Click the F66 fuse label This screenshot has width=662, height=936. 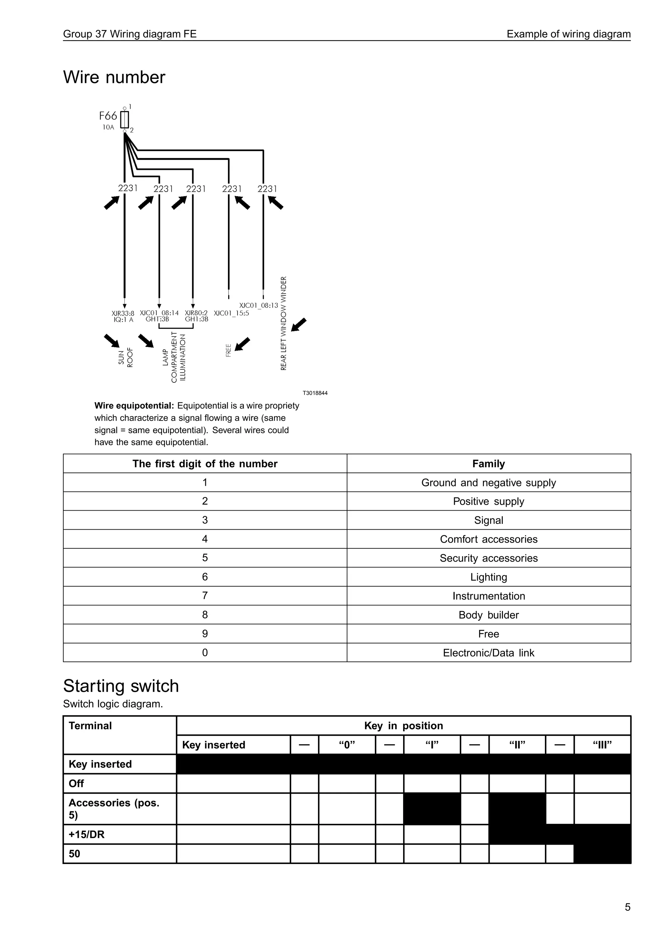coord(108,116)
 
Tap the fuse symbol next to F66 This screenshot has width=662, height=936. coord(125,120)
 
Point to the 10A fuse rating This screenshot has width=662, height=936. coord(108,128)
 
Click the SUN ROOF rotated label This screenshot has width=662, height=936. coord(125,357)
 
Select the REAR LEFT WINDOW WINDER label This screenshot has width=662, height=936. coord(283,323)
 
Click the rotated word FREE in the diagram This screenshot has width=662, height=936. coord(229,350)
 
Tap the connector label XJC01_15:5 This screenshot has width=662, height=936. coord(231,313)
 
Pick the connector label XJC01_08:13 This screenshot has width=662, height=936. coord(259,305)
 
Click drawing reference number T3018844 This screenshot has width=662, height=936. coord(315,393)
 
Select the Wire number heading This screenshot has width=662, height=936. coord(114,78)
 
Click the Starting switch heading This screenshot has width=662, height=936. coord(121,686)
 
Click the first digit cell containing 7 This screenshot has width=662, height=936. coord(205,596)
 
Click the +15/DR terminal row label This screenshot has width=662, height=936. coord(87,835)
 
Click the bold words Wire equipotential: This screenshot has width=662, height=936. coord(134,406)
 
